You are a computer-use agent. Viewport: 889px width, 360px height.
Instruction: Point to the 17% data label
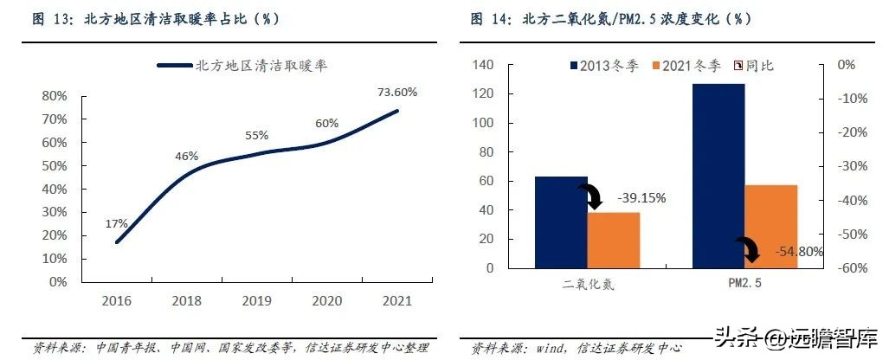[116, 223]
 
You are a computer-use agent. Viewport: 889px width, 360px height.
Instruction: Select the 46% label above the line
[187, 157]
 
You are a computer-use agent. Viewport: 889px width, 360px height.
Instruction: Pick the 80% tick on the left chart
[55, 96]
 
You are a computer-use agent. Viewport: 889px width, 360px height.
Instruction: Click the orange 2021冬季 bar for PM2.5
[770, 226]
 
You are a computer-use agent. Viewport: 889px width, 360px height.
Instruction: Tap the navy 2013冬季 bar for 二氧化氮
[560, 222]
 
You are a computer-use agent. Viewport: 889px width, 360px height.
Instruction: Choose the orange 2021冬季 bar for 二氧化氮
[613, 240]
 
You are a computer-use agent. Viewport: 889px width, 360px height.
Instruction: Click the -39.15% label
[641, 198]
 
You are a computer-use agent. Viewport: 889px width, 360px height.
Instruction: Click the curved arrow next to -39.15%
[594, 198]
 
